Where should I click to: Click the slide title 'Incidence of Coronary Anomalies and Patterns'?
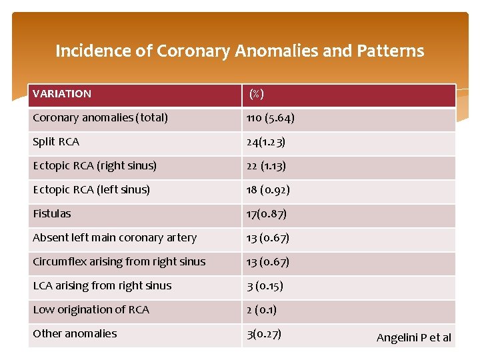coord(239,51)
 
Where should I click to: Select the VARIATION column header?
coord(62,94)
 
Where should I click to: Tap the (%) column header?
coord(256,94)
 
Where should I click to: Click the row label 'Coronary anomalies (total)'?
coord(100,118)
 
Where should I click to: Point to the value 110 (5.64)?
coord(270,118)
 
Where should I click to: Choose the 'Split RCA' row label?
coord(56,142)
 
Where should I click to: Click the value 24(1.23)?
coord(266,142)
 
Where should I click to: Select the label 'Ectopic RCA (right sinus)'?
coord(95,166)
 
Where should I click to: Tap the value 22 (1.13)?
coord(266,166)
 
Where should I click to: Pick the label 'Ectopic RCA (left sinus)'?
coord(91,190)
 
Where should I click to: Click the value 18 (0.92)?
coord(268,190)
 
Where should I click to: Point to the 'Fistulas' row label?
coord(52,214)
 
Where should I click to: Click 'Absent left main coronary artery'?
coord(115,238)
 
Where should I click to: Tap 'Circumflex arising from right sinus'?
coord(119,262)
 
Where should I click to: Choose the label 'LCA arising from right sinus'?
coord(102,286)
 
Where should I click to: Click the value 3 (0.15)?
coord(265,286)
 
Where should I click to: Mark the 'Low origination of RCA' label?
coord(91,310)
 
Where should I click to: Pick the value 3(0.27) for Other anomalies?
coord(263,334)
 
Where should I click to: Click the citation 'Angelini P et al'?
coord(414,337)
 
